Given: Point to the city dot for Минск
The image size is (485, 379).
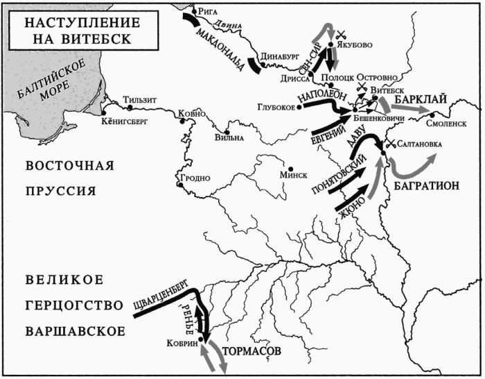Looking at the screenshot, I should click(x=290, y=167).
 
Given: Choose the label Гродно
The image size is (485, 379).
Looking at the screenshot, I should click(x=196, y=178).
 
